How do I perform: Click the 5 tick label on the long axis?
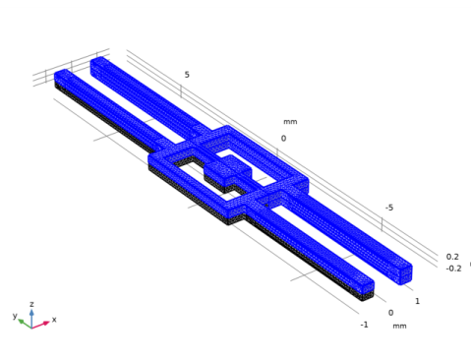coord(187,75)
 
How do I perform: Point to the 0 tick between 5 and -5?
coord(283,139)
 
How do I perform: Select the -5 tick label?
coord(389,208)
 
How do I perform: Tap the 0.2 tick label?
coord(452,257)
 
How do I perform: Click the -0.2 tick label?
coord(453,269)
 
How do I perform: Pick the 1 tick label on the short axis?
coord(417,301)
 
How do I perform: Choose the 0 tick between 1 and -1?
coord(390,313)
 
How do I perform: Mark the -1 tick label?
coord(364,325)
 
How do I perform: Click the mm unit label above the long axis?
coord(290,122)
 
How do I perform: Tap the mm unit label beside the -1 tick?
coord(399,326)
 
